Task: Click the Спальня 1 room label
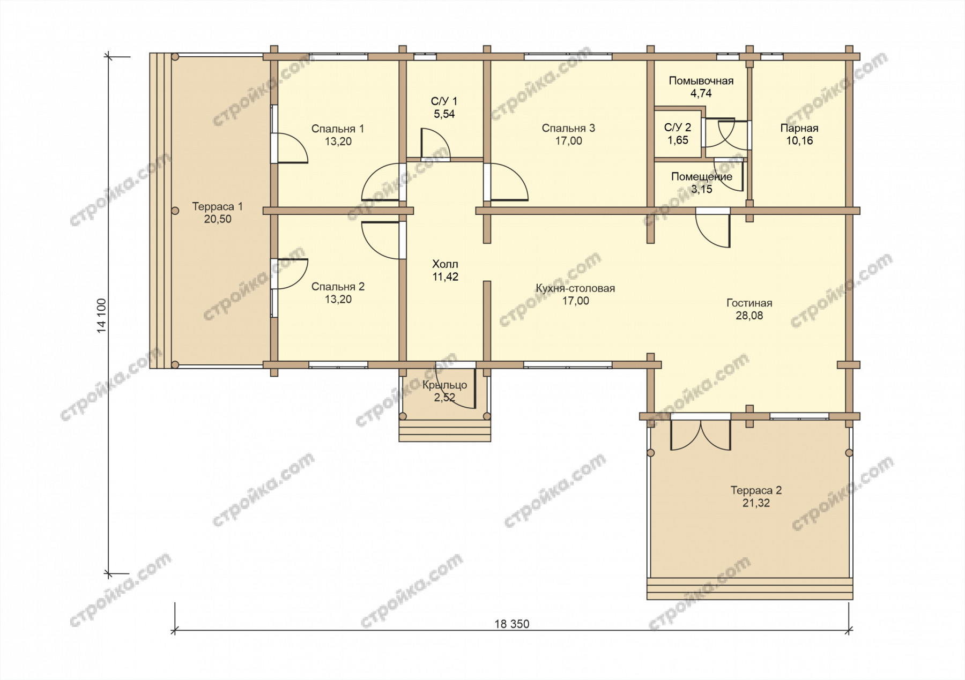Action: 338,129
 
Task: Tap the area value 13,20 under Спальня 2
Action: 338,300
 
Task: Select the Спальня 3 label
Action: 568,128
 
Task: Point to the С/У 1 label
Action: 444,101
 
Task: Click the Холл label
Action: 445,264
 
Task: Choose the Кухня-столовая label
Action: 575,288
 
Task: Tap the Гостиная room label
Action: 749,303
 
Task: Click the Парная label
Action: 799,128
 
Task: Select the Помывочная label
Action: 701,81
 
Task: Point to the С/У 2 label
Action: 678,128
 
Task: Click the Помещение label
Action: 702,176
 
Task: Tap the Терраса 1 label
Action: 218,206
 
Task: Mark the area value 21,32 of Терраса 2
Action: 756,503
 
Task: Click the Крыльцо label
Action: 444,385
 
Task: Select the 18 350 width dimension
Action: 511,624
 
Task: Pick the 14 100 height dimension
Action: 102,315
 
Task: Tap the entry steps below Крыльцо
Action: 445,431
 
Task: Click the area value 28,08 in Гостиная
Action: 749,316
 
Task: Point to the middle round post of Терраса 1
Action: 175,211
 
